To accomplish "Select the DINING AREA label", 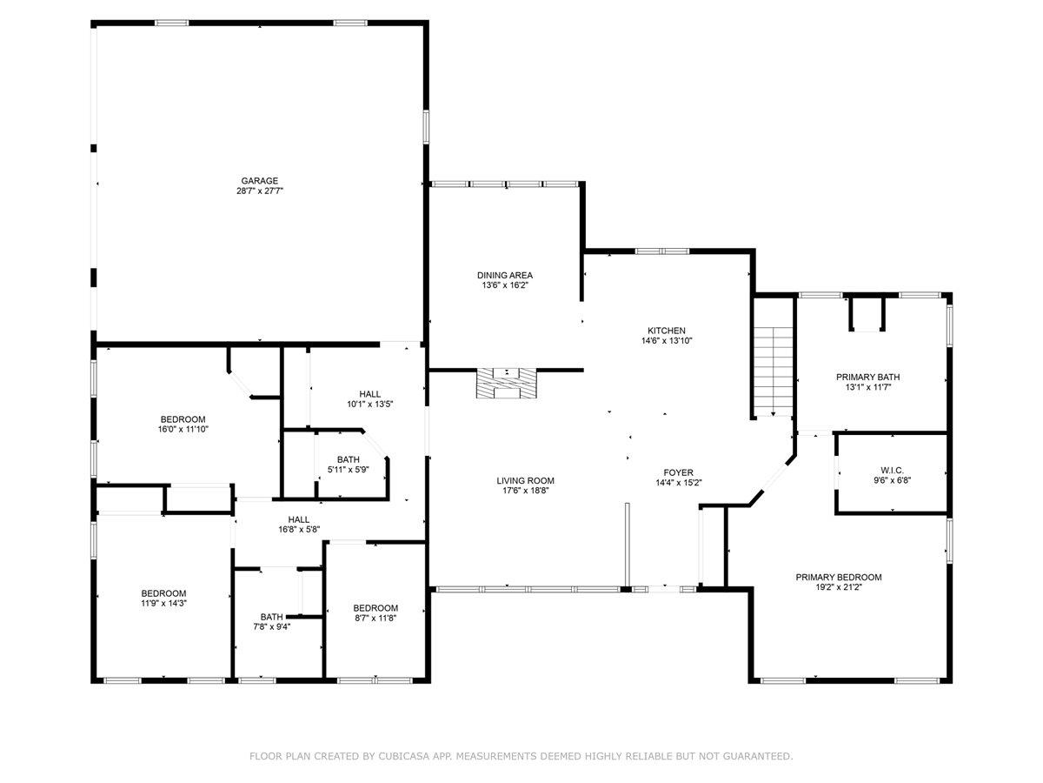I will pos(504,275).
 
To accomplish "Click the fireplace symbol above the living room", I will pos(507,383).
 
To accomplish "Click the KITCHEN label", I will pos(667,331).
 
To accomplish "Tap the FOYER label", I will pos(679,472).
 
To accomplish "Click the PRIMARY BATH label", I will pos(867,377).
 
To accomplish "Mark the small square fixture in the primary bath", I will pos(867,315).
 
